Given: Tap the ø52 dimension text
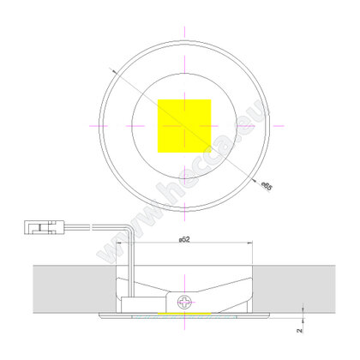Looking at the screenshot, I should click(183, 237).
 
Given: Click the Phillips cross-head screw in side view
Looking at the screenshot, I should click(183, 302).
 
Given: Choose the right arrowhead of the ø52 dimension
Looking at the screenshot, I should click(249, 243).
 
